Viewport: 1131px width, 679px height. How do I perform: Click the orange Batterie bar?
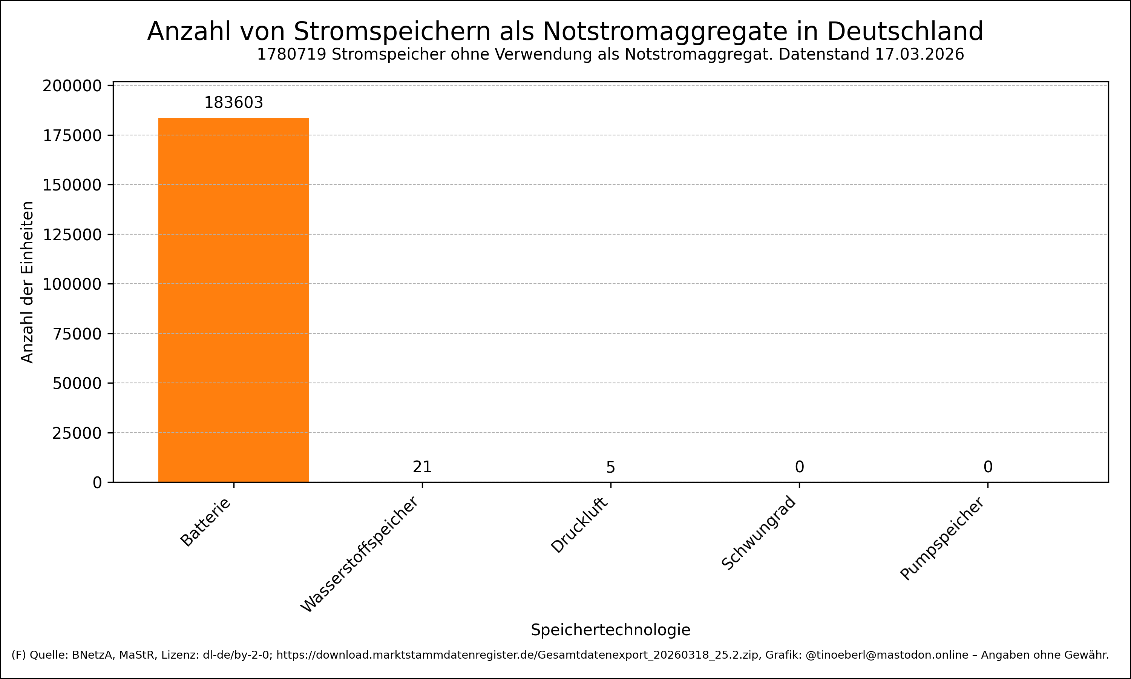pos(234,300)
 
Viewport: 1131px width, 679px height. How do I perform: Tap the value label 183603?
pos(234,103)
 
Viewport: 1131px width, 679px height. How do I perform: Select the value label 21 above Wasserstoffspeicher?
pos(422,467)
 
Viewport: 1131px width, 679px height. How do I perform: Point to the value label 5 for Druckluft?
pos(610,467)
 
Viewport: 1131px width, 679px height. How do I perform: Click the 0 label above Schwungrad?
pos(799,467)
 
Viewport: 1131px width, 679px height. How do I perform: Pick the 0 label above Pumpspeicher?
pos(987,467)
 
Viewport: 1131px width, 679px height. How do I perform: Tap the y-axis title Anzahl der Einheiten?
pos(28,282)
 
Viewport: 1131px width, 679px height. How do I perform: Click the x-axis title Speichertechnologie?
pos(610,630)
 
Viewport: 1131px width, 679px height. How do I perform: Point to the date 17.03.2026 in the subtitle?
pos(920,54)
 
